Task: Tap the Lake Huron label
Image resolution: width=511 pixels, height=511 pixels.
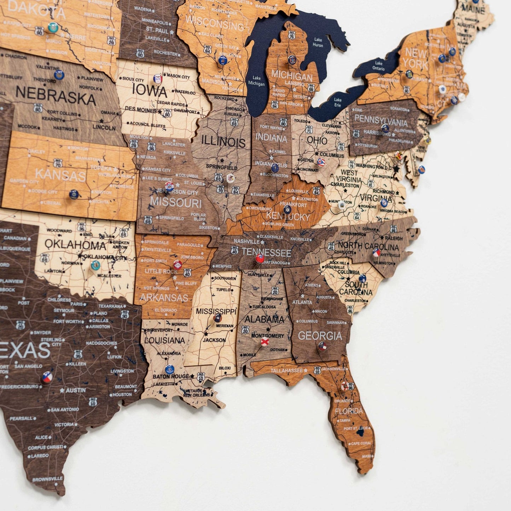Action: coord(318,42)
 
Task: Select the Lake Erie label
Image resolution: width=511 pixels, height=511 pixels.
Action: coord(338,103)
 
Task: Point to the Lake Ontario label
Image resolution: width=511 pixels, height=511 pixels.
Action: coord(378,66)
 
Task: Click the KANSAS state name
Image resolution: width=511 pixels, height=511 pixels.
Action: coord(60,175)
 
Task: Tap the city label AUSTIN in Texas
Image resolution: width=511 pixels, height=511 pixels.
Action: coord(76,390)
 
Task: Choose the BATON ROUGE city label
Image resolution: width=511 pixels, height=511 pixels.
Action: coord(171,376)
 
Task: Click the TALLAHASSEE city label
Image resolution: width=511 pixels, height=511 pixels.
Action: coord(287,371)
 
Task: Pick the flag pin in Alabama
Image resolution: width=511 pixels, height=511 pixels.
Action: coord(265,342)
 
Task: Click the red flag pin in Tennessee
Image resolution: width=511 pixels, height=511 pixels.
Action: coord(260,259)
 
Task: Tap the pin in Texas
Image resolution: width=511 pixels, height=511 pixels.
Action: coord(47,377)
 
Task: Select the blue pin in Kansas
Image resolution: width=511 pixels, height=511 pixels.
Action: coord(74,194)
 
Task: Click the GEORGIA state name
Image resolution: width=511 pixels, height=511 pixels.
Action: coord(320,335)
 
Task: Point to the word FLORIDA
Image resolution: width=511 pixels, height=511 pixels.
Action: coord(349,411)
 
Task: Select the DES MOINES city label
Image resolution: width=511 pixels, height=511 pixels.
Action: coord(141,110)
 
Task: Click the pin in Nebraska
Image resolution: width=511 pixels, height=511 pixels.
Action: coord(59,75)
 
